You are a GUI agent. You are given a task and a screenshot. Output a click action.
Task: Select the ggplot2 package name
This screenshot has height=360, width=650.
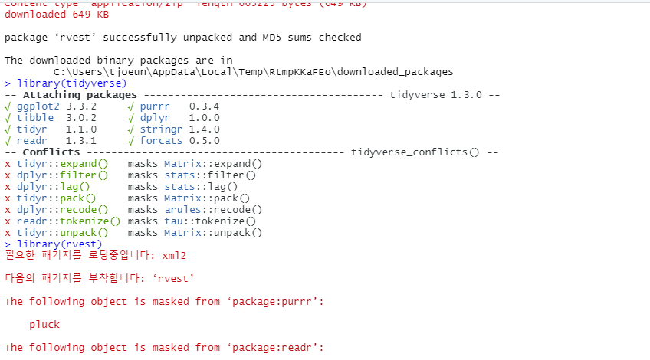pyautogui.click(x=38, y=106)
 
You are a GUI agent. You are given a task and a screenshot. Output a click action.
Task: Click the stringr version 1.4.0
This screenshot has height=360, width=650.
pyautogui.click(x=204, y=129)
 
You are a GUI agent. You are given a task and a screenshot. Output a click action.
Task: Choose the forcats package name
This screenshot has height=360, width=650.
pyautogui.click(x=161, y=140)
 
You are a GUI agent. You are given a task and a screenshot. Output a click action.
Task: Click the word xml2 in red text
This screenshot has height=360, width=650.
pyautogui.click(x=175, y=255)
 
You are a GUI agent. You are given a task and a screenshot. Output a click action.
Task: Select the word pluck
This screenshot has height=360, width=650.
pyautogui.click(x=44, y=324)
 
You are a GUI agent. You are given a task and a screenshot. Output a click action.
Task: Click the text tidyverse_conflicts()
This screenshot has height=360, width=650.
pyautogui.click(x=415, y=152)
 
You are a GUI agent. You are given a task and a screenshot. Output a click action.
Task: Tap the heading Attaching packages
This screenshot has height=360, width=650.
pyautogui.click(x=71, y=94)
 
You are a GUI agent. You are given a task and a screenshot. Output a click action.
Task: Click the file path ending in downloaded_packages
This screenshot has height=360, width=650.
pyautogui.click(x=253, y=71)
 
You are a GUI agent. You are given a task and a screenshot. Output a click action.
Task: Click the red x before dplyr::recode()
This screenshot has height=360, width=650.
pyautogui.click(x=8, y=209)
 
